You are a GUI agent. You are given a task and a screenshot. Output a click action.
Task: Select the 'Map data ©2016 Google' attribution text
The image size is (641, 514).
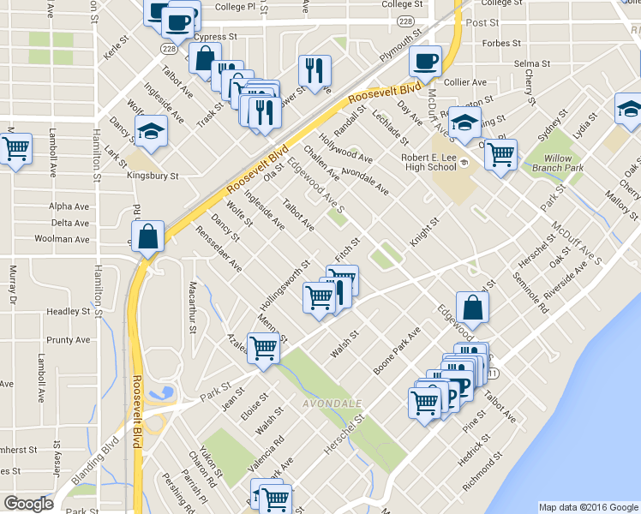pyautogui.click(x=588, y=507)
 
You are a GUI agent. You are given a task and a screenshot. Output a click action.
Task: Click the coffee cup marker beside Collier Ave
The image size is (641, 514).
pyautogui.click(x=425, y=61)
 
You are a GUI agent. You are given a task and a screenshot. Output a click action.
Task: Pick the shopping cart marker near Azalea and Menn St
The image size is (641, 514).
pyautogui.click(x=264, y=347)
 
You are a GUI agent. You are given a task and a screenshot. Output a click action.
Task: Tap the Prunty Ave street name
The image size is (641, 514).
pyautogui.click(x=69, y=340)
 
